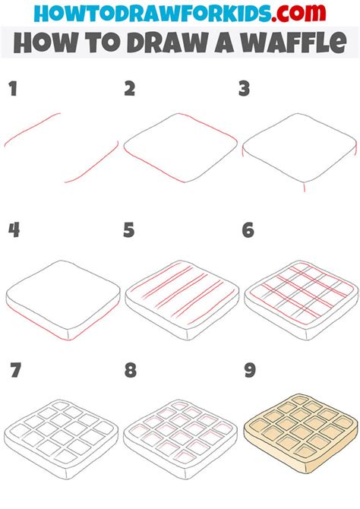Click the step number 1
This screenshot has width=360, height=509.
tap(12, 90)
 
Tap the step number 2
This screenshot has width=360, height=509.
tap(130, 90)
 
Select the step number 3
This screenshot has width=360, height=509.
tap(245, 90)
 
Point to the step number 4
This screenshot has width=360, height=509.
tap(12, 229)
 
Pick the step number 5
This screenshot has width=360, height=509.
tap(130, 229)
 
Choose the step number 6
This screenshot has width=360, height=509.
tap(248, 229)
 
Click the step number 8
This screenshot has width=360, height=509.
tap(130, 370)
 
